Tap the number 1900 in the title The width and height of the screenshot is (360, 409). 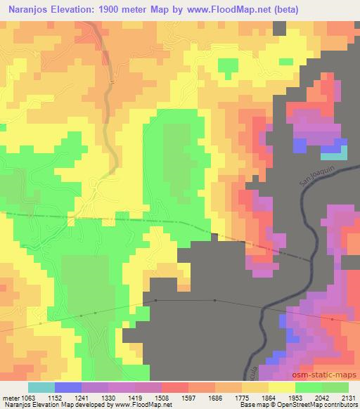[112, 10]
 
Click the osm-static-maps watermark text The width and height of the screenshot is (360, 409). [329, 375]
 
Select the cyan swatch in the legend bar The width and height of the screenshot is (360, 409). [41, 387]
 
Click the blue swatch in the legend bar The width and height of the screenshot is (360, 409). [68, 387]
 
